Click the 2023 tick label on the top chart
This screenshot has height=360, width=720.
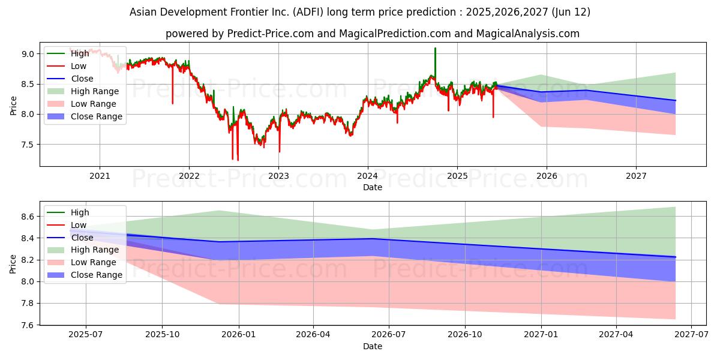point(278,176)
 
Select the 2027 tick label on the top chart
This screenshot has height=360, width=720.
point(636,176)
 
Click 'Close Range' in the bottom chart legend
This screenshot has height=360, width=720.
point(97,275)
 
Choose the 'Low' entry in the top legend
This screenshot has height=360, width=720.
point(79,66)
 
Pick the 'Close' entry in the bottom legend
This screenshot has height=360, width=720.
point(82,238)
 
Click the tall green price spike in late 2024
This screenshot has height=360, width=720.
point(435,49)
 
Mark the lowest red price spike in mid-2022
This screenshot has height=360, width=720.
point(238,160)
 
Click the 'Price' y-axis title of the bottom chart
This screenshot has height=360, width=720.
point(13,263)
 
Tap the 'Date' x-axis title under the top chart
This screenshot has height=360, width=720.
point(373,187)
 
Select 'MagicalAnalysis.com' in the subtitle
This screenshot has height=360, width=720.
point(527,34)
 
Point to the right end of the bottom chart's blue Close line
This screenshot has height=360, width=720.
point(676,257)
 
